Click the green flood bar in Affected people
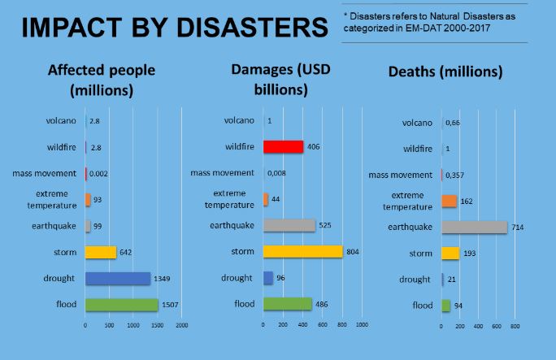point(121,304)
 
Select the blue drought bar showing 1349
point(118,278)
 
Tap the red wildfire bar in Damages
point(283,147)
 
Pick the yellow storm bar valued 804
point(302,252)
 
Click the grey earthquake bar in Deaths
point(474,228)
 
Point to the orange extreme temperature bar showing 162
point(450,201)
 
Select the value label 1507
point(172,305)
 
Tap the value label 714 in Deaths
point(518,228)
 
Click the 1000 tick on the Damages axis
point(362,325)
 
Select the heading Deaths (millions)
point(445,72)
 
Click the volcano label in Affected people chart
point(62,121)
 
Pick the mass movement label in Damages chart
point(222,173)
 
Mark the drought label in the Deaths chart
point(415,279)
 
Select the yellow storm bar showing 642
point(101,252)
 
